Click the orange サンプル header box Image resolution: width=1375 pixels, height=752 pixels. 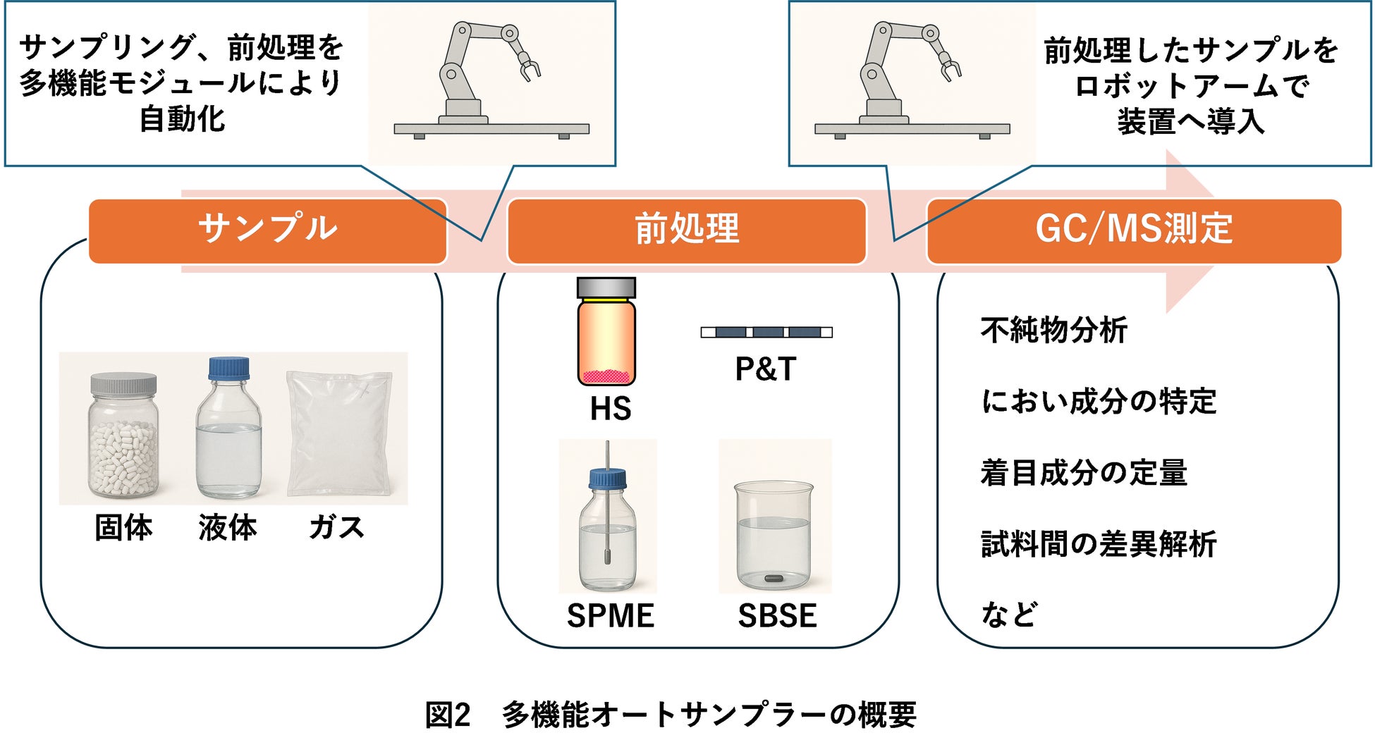coord(268,230)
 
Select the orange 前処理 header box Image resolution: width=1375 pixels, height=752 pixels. coord(686,230)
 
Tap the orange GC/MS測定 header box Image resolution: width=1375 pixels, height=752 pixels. coord(1133,230)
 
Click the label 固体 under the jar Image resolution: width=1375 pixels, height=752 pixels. coord(123,528)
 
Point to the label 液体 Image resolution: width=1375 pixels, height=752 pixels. coord(227,528)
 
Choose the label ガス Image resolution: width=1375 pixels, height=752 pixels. coord(336,528)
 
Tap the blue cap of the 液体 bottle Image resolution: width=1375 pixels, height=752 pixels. coord(228,369)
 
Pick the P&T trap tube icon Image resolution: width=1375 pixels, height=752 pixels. coord(766,332)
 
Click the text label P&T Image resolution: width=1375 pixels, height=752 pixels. coord(766,369)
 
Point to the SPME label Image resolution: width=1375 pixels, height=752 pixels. coord(611,616)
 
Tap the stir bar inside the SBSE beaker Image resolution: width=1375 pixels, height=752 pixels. coord(774,579)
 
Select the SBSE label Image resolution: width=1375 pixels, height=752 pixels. coord(777,616)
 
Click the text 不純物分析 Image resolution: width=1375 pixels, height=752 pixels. coord(1054,330)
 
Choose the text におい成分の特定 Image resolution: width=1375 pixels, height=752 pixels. coord(1099,401)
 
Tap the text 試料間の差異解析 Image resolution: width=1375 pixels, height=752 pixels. coord(1099,544)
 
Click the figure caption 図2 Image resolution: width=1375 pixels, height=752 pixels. coord(447,715)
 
